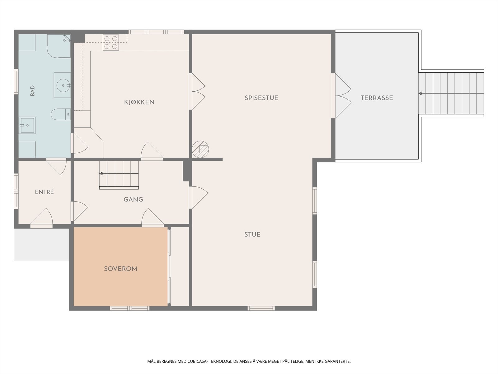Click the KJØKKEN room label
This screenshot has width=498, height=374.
tap(139, 102)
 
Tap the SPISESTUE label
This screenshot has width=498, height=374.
tap(261, 98)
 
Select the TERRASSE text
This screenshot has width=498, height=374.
tap(377, 98)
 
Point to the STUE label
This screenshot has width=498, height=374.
tap(252, 234)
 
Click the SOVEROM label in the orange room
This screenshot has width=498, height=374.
tap(120, 269)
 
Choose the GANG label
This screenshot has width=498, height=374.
tap(133, 199)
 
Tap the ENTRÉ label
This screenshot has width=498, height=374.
tap(44, 192)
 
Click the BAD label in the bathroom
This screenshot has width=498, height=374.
tap(32, 91)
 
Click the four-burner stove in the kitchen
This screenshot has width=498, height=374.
tap(111, 42)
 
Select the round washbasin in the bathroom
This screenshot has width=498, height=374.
tap(63, 85)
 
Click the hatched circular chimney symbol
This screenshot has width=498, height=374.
tap(200, 149)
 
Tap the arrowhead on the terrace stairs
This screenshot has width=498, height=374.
tap(420, 93)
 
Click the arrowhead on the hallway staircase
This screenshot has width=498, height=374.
tap(101, 174)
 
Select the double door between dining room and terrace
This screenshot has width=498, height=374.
tap(341, 96)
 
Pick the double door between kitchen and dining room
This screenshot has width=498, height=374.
tap(197, 91)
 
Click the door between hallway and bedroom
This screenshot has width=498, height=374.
tap(153, 218)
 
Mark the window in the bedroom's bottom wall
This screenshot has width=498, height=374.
tap(129, 308)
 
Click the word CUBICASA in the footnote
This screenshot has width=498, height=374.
tap(197, 361)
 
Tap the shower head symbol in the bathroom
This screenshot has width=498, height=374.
tap(67, 38)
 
